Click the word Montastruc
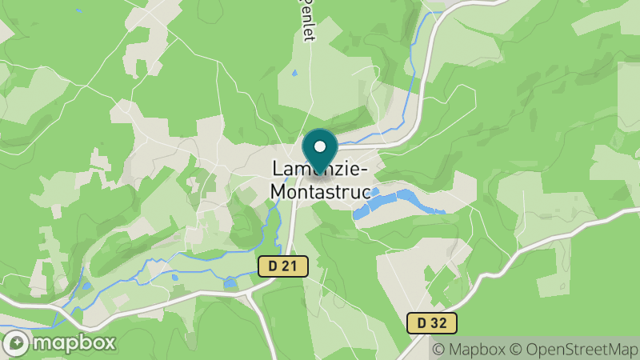[x=320, y=192]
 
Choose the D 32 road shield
[x=431, y=323]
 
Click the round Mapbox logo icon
[x=17, y=343]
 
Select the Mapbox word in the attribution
[x=477, y=349]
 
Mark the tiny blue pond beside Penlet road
[x=294, y=74]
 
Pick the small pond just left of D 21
[x=230, y=282]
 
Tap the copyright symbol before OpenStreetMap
[x=516, y=349]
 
